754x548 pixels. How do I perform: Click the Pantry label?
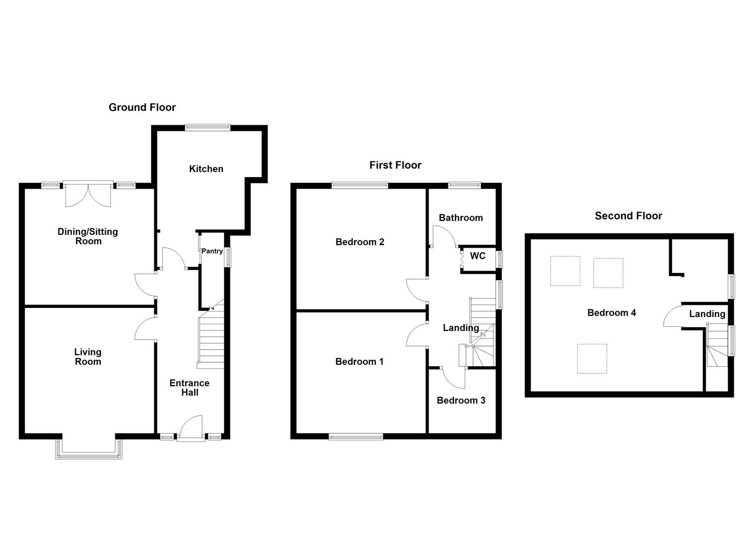point(212,251)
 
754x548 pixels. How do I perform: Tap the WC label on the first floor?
point(477,256)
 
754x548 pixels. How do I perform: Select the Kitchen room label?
point(206,169)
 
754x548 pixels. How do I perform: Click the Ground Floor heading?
point(142,107)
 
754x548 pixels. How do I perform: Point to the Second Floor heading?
point(628,216)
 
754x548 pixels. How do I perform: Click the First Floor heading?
point(395,165)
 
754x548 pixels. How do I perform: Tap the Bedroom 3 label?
point(461,400)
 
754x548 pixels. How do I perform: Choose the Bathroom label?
point(461,218)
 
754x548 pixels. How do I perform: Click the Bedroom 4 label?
point(611,313)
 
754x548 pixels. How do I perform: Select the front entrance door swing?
point(191,426)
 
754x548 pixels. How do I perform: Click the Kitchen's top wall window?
point(207,128)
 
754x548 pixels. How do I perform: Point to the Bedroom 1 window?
point(355,436)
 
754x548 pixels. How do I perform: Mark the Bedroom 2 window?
point(360,186)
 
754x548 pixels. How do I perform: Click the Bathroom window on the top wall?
point(464,186)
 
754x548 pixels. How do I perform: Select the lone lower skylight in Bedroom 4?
point(592,359)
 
